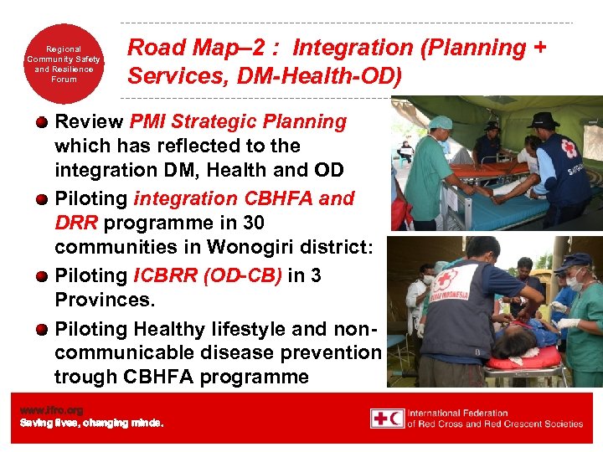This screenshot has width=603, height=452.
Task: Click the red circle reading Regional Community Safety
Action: coord(63,64)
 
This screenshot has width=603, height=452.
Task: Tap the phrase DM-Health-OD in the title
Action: coord(332,76)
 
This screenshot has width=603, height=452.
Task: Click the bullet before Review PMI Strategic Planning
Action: coord(42,123)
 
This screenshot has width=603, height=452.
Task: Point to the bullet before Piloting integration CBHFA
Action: coord(42,200)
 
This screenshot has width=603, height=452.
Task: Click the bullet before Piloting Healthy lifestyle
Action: coord(42,330)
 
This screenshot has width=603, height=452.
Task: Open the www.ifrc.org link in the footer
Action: coord(52,410)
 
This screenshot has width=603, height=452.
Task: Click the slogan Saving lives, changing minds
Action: coord(91,423)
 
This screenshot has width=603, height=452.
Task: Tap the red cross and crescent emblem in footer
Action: coord(388,419)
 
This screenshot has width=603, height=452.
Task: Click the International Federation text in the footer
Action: coord(457,413)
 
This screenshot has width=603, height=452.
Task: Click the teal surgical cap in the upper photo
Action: coord(441,122)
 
